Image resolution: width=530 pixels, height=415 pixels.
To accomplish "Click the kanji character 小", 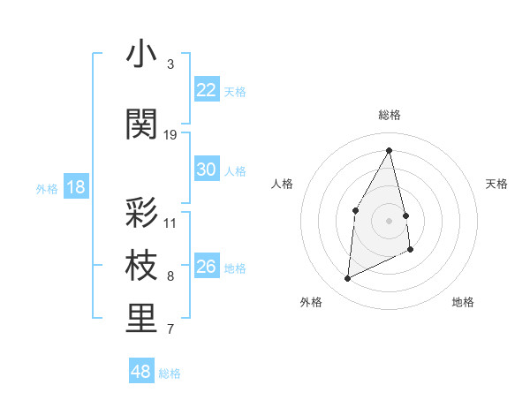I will click(x=141, y=55).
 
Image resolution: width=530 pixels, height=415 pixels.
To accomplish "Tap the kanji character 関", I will click(x=141, y=124).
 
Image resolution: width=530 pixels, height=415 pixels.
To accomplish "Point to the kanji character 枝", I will click(x=141, y=267).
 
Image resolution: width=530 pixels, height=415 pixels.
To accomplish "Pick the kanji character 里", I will click(x=141, y=320).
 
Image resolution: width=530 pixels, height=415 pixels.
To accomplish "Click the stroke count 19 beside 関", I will click(x=170, y=134).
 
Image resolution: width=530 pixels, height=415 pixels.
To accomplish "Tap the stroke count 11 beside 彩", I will click(x=170, y=223).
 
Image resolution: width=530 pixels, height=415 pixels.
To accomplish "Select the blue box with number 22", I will click(x=206, y=90).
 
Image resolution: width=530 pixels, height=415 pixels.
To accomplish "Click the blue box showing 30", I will click(x=206, y=170).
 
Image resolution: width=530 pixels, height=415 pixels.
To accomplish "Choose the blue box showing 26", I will click(x=206, y=267).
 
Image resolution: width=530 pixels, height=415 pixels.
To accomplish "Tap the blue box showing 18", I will click(x=75, y=187).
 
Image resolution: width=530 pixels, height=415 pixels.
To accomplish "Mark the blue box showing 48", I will click(x=141, y=372).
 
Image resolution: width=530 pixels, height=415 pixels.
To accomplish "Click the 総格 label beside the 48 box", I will click(x=170, y=373).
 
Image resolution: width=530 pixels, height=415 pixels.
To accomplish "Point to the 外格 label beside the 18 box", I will click(x=47, y=188).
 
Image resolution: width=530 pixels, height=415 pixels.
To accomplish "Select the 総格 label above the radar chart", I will click(x=390, y=115).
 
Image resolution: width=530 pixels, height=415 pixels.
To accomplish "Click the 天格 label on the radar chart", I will click(x=497, y=184).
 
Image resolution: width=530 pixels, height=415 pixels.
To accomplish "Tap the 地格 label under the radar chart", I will click(x=463, y=302).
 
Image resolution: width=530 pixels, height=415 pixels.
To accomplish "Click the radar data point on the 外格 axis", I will click(x=347, y=279).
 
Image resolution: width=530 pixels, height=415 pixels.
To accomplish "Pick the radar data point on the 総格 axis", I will click(x=390, y=150).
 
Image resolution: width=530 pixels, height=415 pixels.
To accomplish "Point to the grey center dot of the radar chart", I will click(x=390, y=220).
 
